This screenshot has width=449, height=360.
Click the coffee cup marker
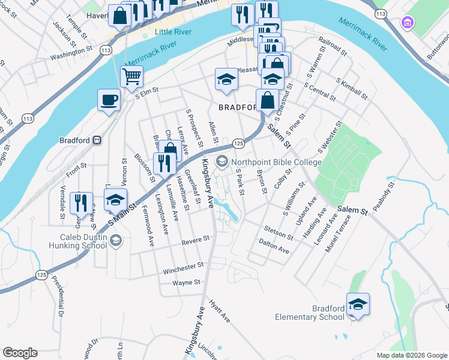(109, 100)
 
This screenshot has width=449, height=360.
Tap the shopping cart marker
(131, 77)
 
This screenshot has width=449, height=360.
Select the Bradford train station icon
(97, 140)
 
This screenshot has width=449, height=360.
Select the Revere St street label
(196, 239)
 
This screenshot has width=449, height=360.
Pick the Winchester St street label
(183, 265)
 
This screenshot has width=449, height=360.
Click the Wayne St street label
(186, 282)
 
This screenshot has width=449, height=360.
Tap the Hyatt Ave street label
(219, 311)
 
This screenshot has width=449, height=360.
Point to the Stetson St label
(277, 229)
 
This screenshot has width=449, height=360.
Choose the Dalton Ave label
(274, 245)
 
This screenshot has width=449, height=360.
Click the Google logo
(20, 353)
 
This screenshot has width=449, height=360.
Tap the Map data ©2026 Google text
(411, 355)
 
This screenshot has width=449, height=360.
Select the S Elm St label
(146, 91)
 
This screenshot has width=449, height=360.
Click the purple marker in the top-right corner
(408, 23)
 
